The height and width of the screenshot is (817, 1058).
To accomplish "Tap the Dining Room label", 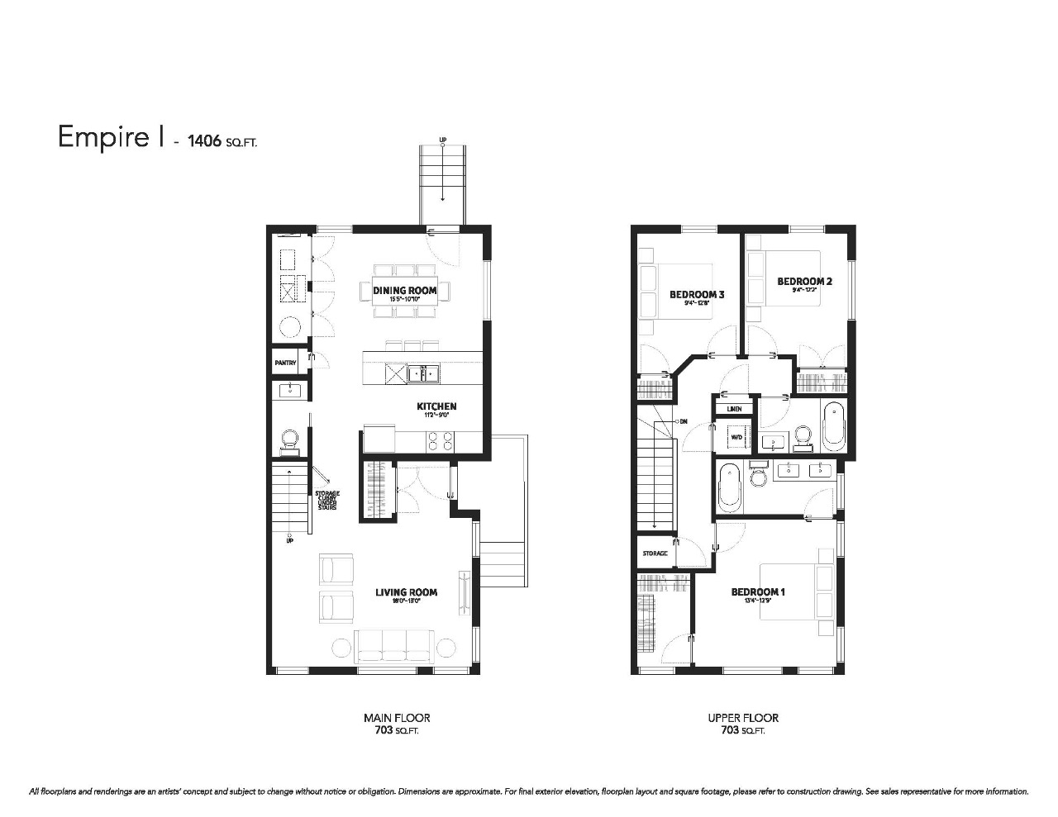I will [405, 291].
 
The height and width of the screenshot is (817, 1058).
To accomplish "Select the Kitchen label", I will [436, 406].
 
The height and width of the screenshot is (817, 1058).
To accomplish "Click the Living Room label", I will [406, 592].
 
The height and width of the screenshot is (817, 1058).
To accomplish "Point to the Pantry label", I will [286, 363].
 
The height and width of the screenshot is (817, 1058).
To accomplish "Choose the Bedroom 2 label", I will [804, 282].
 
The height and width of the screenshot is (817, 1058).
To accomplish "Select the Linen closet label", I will [734, 409].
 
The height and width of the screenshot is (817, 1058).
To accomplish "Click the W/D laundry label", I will [735, 437].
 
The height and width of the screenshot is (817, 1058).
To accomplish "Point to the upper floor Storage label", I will [655, 553].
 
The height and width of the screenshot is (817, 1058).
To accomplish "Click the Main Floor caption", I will [397, 718].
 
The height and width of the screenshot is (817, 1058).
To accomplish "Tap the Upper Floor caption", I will [743, 718].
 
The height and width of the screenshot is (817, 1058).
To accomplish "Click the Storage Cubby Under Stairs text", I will [326, 501].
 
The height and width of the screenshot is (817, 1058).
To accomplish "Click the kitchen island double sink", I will [428, 374].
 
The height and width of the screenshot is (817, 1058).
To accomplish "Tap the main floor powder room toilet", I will [290, 439].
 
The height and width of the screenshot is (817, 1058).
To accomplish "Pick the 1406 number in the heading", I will [204, 141].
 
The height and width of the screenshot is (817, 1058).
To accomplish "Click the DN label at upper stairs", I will [683, 421].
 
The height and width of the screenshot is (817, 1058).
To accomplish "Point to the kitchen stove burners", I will [439, 441].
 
